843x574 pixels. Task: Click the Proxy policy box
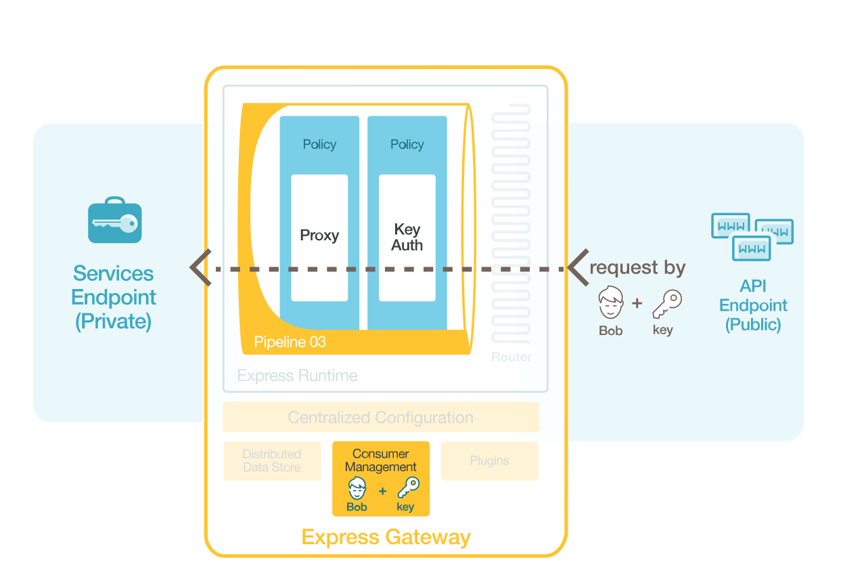(x=319, y=236)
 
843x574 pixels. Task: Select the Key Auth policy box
(x=407, y=238)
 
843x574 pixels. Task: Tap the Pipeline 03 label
(x=290, y=343)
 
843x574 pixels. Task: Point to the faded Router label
(x=511, y=357)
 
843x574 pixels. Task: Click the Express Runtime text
(x=297, y=376)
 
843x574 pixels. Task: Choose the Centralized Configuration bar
(x=381, y=417)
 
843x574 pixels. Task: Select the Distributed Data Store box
(x=272, y=461)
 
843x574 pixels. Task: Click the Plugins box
(x=489, y=461)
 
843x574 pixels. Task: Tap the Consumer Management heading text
(x=381, y=460)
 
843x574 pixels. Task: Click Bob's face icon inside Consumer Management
(x=357, y=488)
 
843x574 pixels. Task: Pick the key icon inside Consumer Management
(x=407, y=488)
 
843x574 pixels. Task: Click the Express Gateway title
(x=386, y=537)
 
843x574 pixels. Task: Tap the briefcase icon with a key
(x=115, y=221)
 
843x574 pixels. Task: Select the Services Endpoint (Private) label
(x=114, y=297)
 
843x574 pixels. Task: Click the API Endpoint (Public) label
(x=753, y=305)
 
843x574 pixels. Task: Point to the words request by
(x=637, y=268)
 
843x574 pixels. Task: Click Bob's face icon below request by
(x=611, y=303)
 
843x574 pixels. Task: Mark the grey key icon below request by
(x=666, y=304)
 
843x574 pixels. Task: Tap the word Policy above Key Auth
(x=407, y=144)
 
